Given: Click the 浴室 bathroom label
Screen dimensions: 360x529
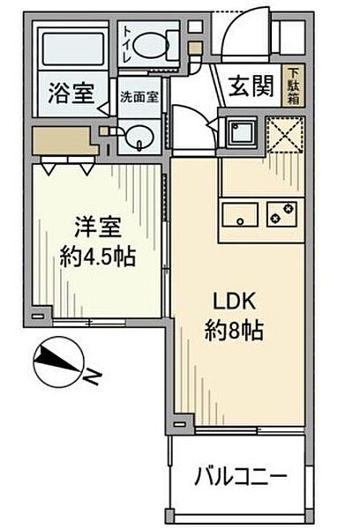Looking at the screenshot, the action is [71, 93].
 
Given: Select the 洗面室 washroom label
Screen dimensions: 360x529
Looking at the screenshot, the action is [139, 98].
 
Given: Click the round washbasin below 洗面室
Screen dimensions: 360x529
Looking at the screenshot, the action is [140, 138].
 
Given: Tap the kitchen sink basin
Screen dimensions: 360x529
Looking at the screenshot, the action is [240, 214].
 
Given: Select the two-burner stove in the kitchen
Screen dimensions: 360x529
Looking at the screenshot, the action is [282, 214].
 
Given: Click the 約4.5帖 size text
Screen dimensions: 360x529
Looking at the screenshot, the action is [98, 257].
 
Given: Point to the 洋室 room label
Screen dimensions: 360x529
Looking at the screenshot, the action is [98, 227].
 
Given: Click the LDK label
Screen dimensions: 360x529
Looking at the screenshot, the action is [234, 302].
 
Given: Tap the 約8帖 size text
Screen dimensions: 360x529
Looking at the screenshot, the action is [234, 330].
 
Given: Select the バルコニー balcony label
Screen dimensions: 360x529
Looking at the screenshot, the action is [241, 477].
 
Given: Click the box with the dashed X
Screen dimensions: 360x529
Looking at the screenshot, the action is [285, 135].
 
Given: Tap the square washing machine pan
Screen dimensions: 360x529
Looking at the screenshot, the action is [242, 132].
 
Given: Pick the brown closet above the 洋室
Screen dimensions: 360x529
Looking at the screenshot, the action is [64, 141].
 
